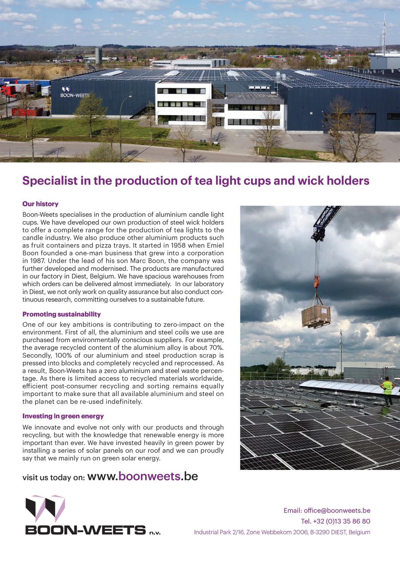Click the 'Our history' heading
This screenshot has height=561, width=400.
[x=40, y=204]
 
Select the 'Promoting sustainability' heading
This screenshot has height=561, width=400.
[x=61, y=314]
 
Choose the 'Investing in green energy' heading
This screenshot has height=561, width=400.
[x=63, y=416]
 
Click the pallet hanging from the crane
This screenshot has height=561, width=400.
[x=316, y=316]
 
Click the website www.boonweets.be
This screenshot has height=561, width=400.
[x=143, y=476]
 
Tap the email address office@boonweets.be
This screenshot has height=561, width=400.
[x=337, y=510]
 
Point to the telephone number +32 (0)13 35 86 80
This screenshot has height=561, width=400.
[x=341, y=521]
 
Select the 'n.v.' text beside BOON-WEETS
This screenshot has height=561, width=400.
[x=155, y=532]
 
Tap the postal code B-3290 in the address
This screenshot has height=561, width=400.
[x=318, y=532]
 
